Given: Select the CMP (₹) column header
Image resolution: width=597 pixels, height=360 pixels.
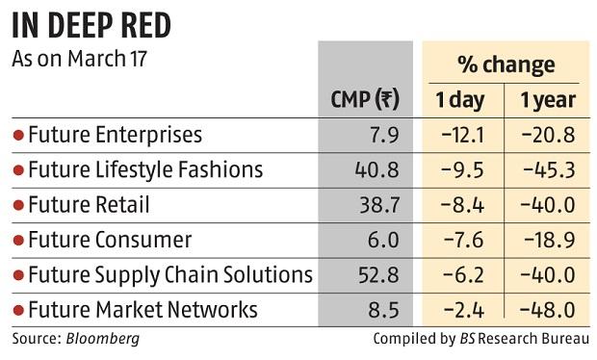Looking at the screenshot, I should click(x=365, y=99).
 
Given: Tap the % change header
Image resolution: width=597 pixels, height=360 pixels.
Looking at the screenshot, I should click(x=506, y=64).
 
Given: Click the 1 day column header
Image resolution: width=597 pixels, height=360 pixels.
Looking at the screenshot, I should click(x=461, y=99).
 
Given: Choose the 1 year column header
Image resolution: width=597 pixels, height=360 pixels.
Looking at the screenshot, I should click(x=548, y=99).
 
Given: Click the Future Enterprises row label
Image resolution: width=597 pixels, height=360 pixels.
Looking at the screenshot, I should click(x=116, y=135).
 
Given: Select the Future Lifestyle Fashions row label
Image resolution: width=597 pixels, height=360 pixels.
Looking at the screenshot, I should click(x=145, y=169).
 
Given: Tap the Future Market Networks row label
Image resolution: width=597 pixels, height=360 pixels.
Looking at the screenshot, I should click(x=143, y=309).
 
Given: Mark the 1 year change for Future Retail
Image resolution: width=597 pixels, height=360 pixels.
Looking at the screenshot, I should click(x=550, y=205).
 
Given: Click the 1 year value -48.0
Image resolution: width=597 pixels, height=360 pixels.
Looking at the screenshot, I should click(x=550, y=309).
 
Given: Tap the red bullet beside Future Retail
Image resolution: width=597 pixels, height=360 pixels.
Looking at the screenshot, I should click(x=18, y=205).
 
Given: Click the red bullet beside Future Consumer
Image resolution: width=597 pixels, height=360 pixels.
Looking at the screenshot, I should click(x=18, y=240).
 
